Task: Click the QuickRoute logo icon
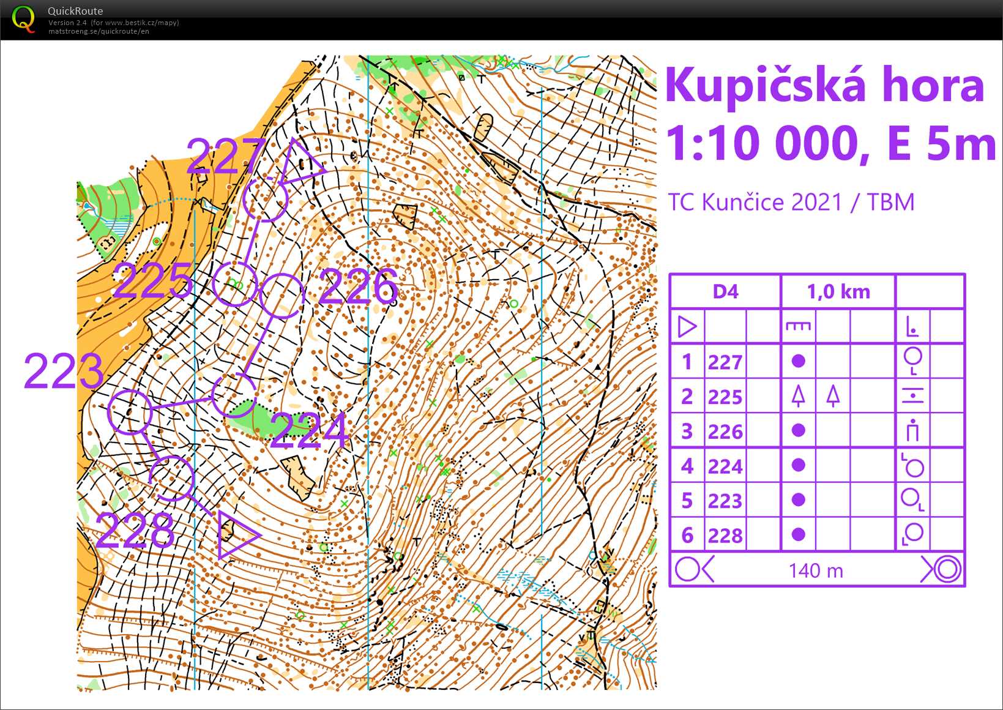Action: click(x=23, y=19)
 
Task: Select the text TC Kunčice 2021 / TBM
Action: click(x=791, y=202)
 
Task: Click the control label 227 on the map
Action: click(x=225, y=157)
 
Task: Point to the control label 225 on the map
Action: click(x=153, y=281)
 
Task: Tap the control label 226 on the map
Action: click(x=358, y=286)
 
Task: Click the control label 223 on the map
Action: click(x=64, y=371)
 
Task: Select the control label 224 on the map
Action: click(x=309, y=430)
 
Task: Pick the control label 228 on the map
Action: click(x=135, y=531)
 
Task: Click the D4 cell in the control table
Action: click(x=725, y=292)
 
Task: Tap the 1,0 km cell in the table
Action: click(x=838, y=292)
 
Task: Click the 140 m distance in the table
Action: click(x=816, y=570)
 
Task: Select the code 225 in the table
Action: click(x=725, y=397)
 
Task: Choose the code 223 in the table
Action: click(x=725, y=501)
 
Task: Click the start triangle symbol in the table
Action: click(x=687, y=326)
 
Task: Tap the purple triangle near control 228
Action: click(x=236, y=534)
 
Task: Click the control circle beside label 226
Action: click(x=282, y=296)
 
